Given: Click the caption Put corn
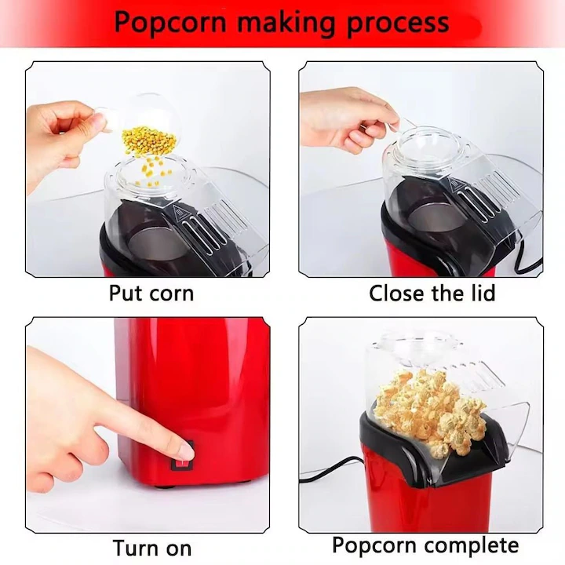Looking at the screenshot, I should click(151, 293).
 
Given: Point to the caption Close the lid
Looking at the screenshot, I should click(432, 293).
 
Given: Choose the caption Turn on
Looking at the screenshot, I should click(151, 546).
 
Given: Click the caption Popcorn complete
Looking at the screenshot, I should click(425, 545).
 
